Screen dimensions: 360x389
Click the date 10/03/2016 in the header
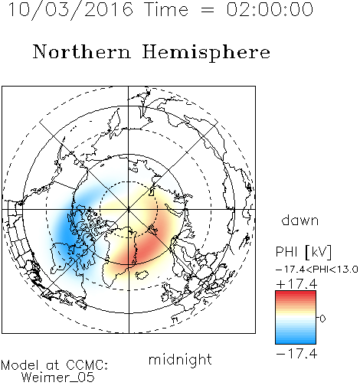click(x=70, y=9)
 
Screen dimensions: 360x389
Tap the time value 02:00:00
click(x=270, y=9)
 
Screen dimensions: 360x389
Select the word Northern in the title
click(x=82, y=51)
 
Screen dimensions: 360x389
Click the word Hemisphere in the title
click(x=206, y=52)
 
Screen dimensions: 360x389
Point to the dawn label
click(x=300, y=221)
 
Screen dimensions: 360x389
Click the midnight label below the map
click(x=180, y=360)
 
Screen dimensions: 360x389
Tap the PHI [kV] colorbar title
click(x=303, y=252)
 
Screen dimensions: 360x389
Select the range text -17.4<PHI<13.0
click(x=317, y=270)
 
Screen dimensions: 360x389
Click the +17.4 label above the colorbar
click(x=296, y=284)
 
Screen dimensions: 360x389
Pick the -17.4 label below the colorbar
click(x=296, y=354)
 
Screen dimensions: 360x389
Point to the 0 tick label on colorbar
click(x=322, y=319)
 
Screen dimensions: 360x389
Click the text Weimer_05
click(x=58, y=378)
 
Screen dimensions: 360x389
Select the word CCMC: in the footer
click(x=87, y=365)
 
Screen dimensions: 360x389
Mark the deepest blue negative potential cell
click(x=67, y=234)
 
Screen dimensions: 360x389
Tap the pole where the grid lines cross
click(x=129, y=209)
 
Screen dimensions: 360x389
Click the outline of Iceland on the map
click(x=142, y=275)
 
